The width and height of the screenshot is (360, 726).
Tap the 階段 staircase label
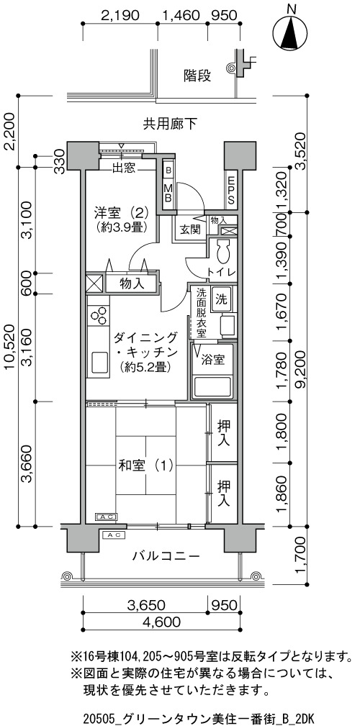coord(197,76)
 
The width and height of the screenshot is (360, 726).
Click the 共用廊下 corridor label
coord(170,124)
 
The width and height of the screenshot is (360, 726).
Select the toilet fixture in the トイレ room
coord(222,253)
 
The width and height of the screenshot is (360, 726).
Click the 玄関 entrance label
coord(190,229)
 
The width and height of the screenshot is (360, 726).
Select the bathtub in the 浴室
coord(214,387)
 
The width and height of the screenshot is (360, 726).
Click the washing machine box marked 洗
coord(221,299)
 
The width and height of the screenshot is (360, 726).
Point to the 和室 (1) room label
coord(140,464)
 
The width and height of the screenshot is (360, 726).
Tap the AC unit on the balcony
coord(114,535)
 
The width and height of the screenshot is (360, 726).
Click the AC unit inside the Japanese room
coord(106,517)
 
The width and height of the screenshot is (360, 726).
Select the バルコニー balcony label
coord(166,555)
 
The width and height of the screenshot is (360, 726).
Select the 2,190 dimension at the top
coord(120,15)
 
